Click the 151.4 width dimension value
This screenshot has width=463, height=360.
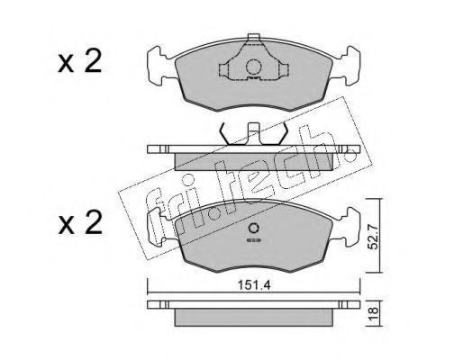[254, 285]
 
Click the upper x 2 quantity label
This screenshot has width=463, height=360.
[80, 62]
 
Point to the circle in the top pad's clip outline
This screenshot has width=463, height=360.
[253, 67]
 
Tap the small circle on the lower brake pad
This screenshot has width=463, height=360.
[254, 229]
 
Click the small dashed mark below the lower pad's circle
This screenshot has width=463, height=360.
[254, 240]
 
